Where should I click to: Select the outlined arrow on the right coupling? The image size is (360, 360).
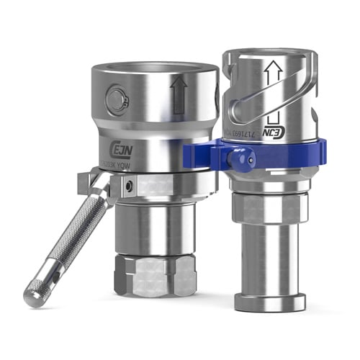click(x=271, y=73)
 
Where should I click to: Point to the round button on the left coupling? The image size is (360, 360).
click(x=117, y=101)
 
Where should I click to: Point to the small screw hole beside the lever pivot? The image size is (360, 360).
click(x=127, y=189)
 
